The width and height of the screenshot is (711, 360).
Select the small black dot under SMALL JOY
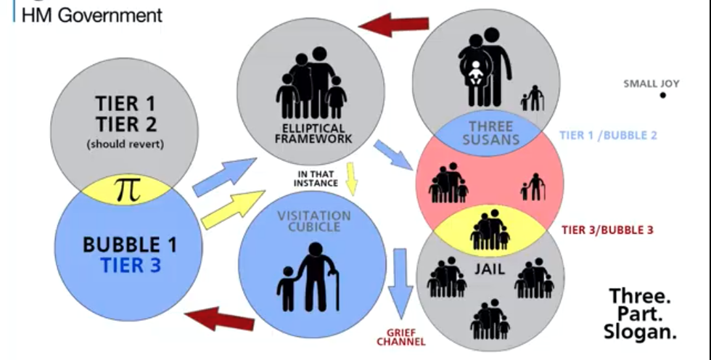coord(662,95)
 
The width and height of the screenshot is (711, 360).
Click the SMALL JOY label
coord(651,83)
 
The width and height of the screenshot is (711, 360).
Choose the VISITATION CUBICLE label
coord(313,222)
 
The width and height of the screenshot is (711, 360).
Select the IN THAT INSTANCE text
coord(316,178)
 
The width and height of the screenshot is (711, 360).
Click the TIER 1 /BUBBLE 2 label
coord(608,135)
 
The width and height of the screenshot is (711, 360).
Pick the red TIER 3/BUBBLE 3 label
coord(607,229)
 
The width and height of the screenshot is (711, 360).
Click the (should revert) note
coord(126,144)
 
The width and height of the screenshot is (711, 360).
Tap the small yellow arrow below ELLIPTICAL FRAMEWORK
coord(350,178)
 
